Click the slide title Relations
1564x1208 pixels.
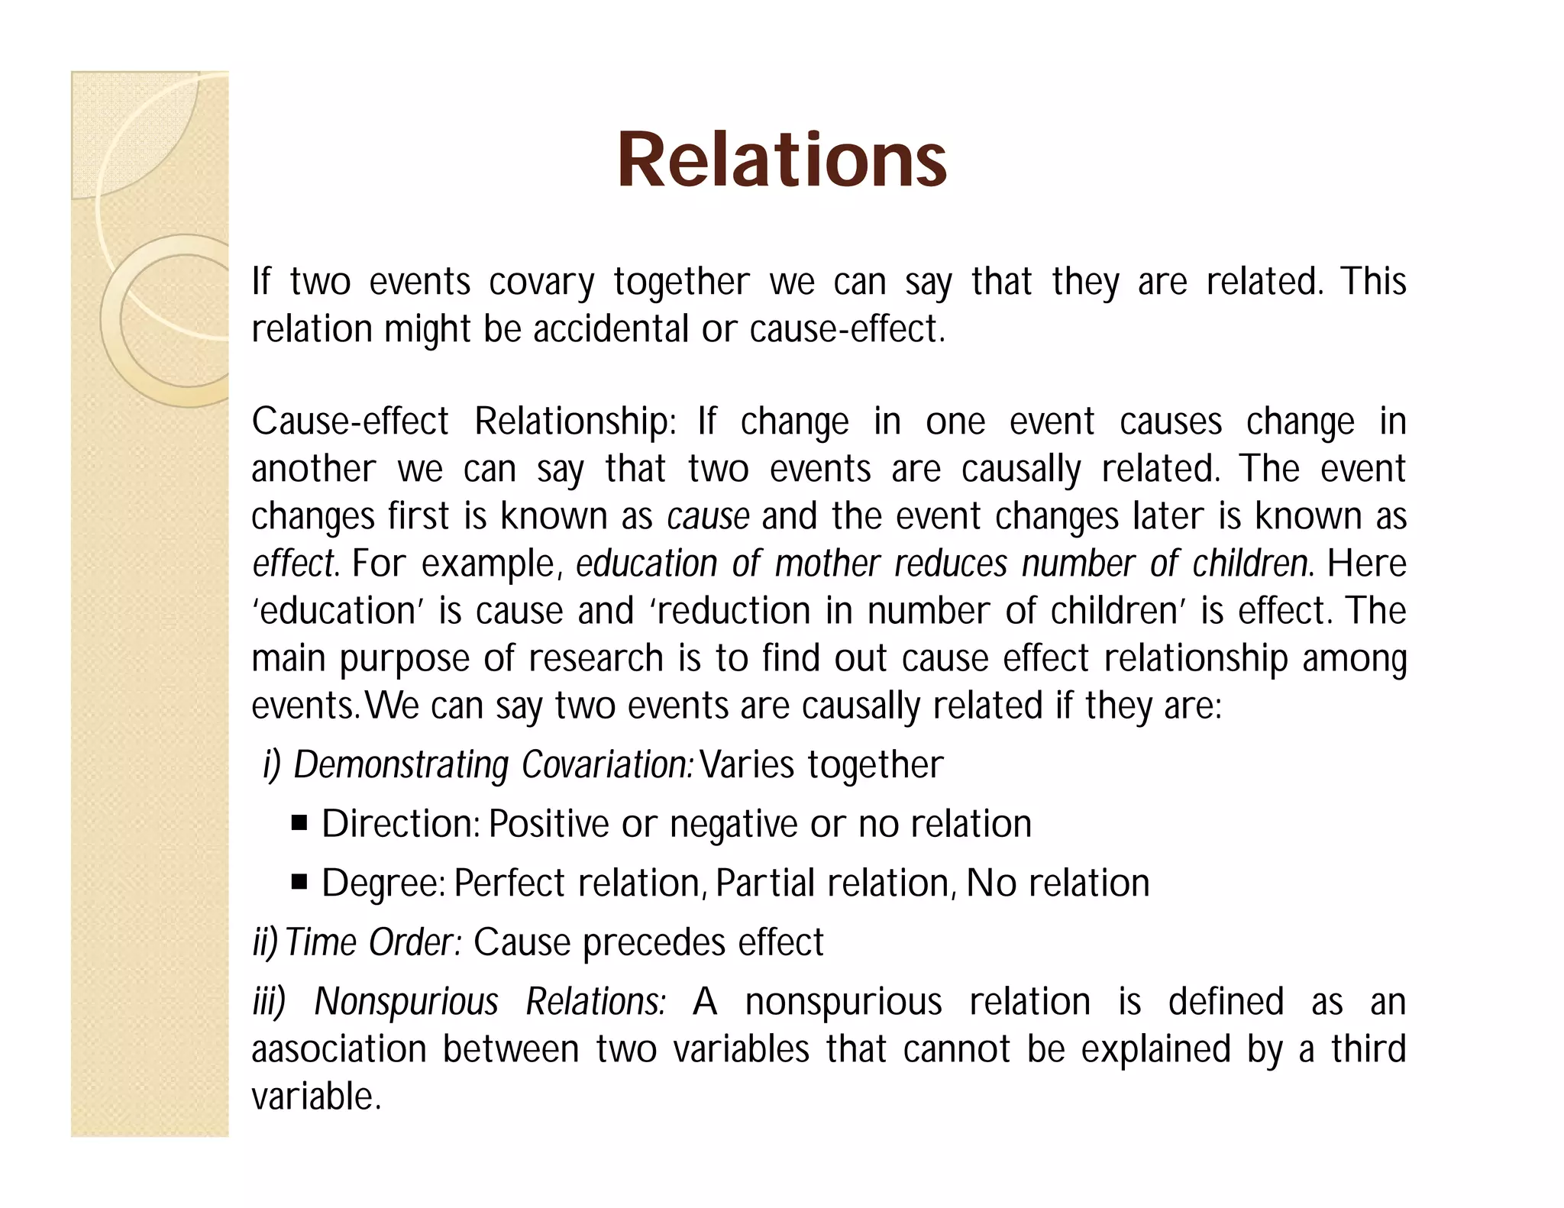[x=781, y=160]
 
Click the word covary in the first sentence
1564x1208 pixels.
[x=541, y=282]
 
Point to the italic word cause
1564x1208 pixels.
[x=708, y=517]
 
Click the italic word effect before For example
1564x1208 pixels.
[x=292, y=564]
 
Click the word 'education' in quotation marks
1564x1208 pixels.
[x=338, y=612]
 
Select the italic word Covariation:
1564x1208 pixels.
[x=607, y=765]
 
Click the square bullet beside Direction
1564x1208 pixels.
[x=299, y=824]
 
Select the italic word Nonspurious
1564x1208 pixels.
[x=406, y=1002]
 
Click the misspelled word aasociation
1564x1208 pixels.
[x=338, y=1049]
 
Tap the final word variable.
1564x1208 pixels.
[x=315, y=1097]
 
